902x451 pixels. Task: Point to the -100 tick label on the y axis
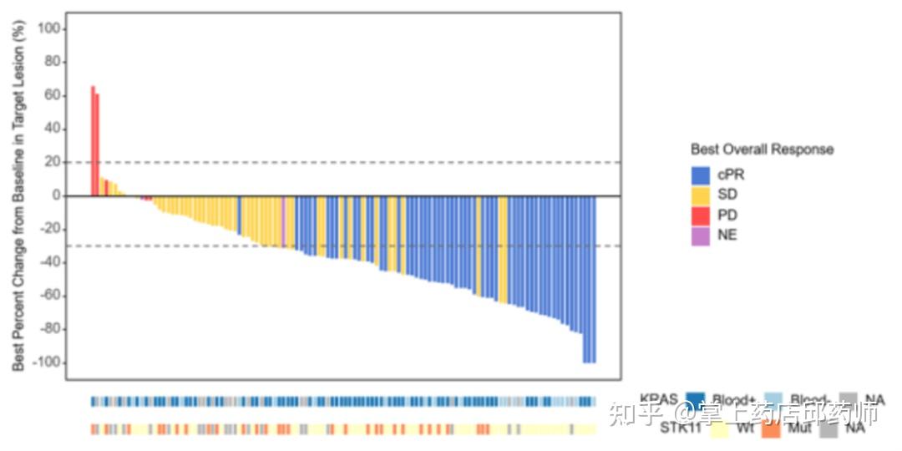tap(47, 362)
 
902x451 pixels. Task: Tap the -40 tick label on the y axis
tap(49, 262)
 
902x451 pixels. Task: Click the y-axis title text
tap(19, 196)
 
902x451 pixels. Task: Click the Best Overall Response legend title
tap(762, 149)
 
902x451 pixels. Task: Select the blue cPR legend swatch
tap(700, 175)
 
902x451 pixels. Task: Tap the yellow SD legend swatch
tap(700, 195)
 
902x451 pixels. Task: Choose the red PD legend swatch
tap(700, 215)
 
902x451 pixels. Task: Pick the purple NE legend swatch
tap(700, 236)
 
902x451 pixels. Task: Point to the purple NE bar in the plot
tap(283, 220)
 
